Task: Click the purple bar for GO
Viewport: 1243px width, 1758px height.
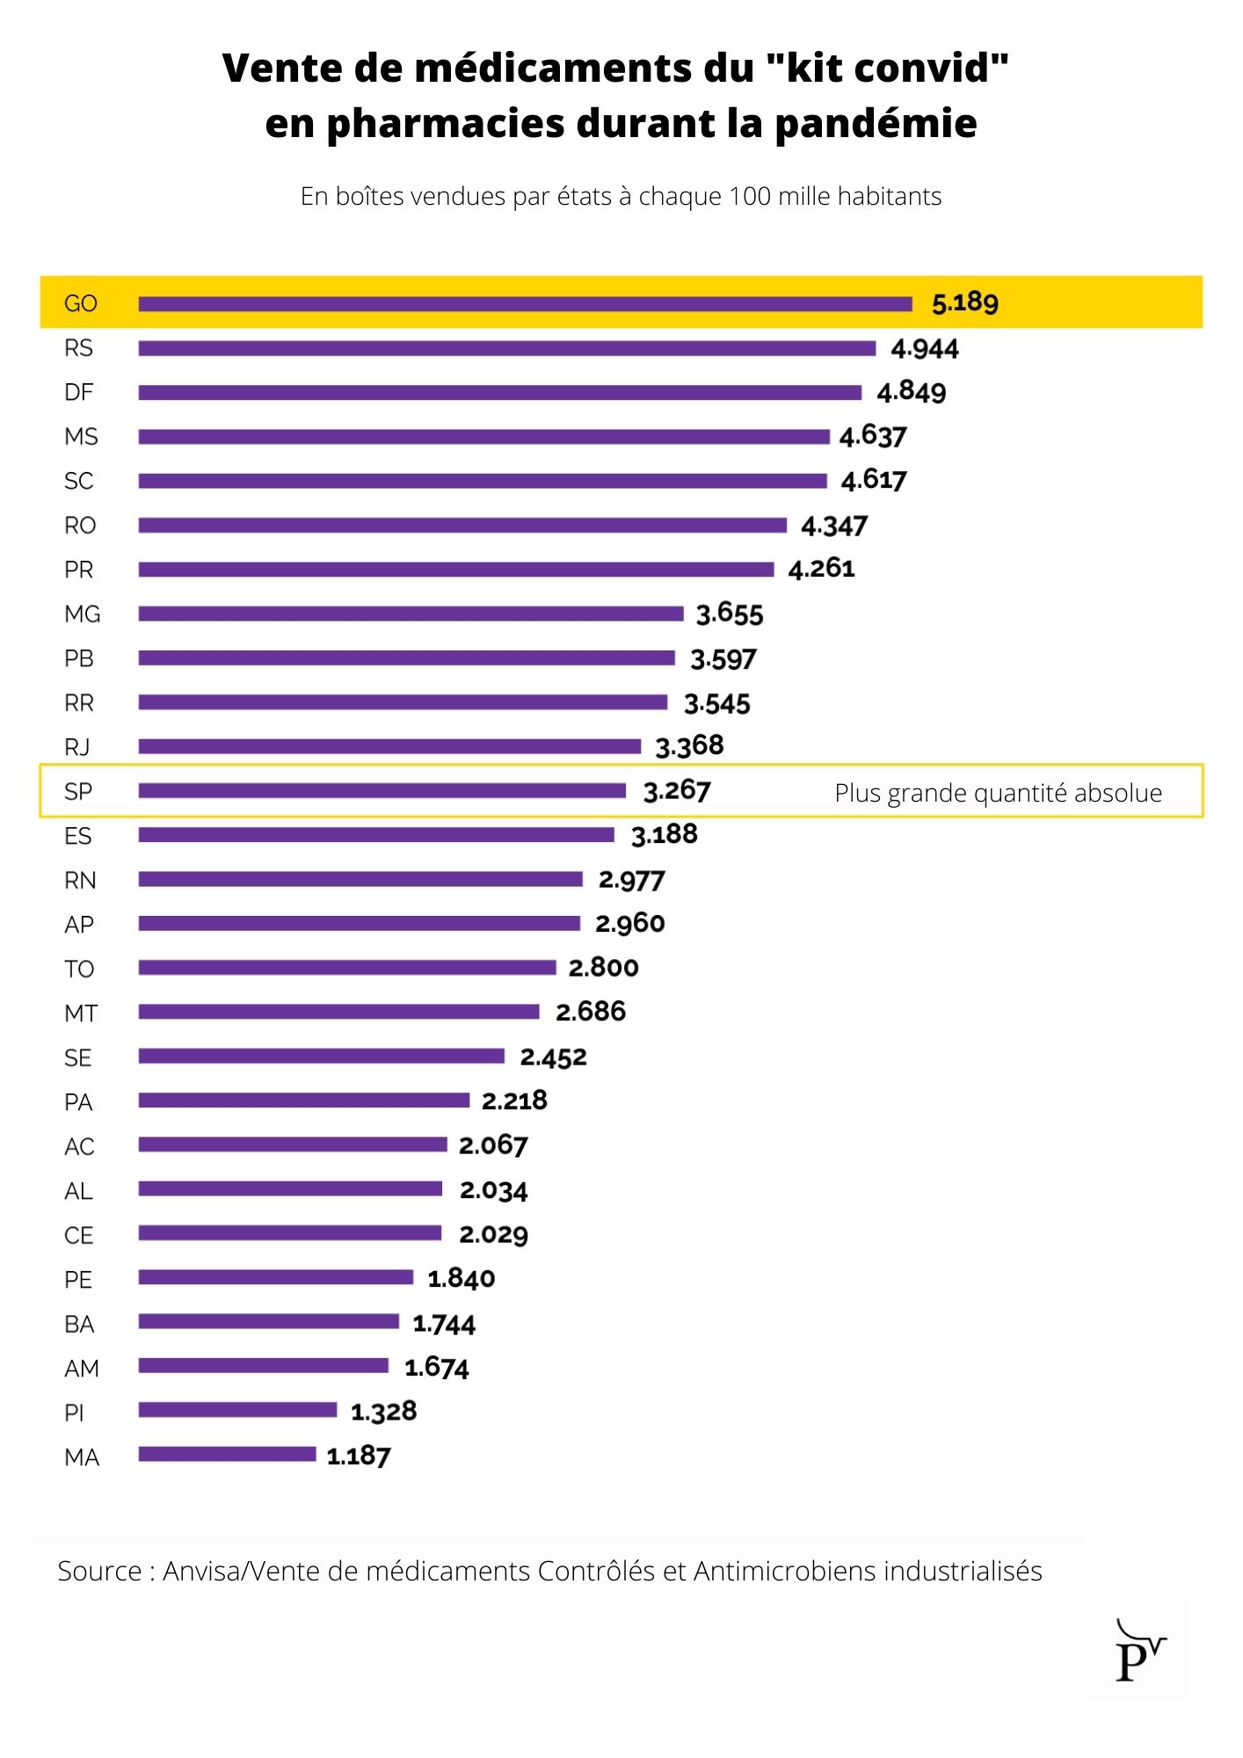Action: pos(525,304)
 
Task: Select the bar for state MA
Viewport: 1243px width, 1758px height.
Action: pos(227,1454)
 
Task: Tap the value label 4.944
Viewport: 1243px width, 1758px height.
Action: pos(925,349)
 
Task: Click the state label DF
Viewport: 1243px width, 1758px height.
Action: pos(79,392)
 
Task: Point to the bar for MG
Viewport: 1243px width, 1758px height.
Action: pos(411,614)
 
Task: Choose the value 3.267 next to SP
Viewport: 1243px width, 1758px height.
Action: pos(677,791)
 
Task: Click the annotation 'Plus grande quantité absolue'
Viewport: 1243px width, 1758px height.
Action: pos(999,793)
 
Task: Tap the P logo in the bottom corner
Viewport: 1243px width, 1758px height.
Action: pos(1139,1650)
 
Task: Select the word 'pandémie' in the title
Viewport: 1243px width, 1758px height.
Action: pos(876,123)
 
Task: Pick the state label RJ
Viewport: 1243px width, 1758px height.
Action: pos(77,747)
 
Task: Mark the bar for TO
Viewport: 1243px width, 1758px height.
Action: pos(347,968)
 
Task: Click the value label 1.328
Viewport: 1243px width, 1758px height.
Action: pos(384,1412)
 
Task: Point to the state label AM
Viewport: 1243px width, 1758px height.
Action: pos(82,1369)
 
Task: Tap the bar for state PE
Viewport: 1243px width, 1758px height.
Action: pos(275,1277)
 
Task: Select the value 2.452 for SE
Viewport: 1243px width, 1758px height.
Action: pos(554,1057)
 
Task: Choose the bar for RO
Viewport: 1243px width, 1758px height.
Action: pos(462,525)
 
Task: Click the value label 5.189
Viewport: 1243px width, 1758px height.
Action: pos(965,303)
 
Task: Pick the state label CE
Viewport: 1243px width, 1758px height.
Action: pos(79,1235)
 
